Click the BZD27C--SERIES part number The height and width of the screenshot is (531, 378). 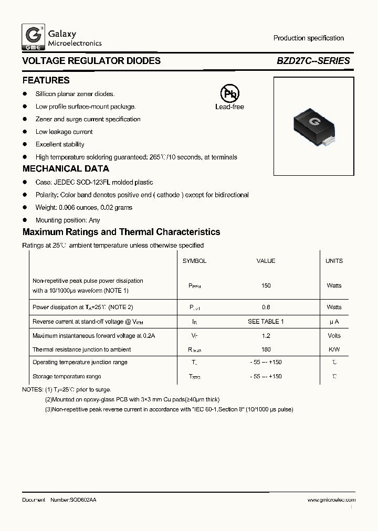(313, 61)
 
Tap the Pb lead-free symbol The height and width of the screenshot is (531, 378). (229, 94)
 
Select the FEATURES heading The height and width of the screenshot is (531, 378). (46, 81)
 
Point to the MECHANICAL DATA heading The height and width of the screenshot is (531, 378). (66, 169)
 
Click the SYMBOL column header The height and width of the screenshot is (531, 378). (194, 261)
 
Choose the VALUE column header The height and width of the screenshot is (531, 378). (266, 261)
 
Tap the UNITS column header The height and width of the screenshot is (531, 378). (334, 261)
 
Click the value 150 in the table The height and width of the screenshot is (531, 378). (266, 286)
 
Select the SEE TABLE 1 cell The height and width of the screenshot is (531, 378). (266, 322)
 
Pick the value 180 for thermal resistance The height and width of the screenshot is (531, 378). (266, 349)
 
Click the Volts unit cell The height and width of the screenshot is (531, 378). (334, 336)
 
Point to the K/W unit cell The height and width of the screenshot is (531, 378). (334, 349)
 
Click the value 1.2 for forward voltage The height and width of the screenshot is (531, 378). (266, 336)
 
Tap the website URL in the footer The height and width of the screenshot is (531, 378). (326, 500)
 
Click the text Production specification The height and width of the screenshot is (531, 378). (309, 38)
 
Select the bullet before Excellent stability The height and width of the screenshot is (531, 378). (25, 144)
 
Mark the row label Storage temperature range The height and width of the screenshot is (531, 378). (67, 376)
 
